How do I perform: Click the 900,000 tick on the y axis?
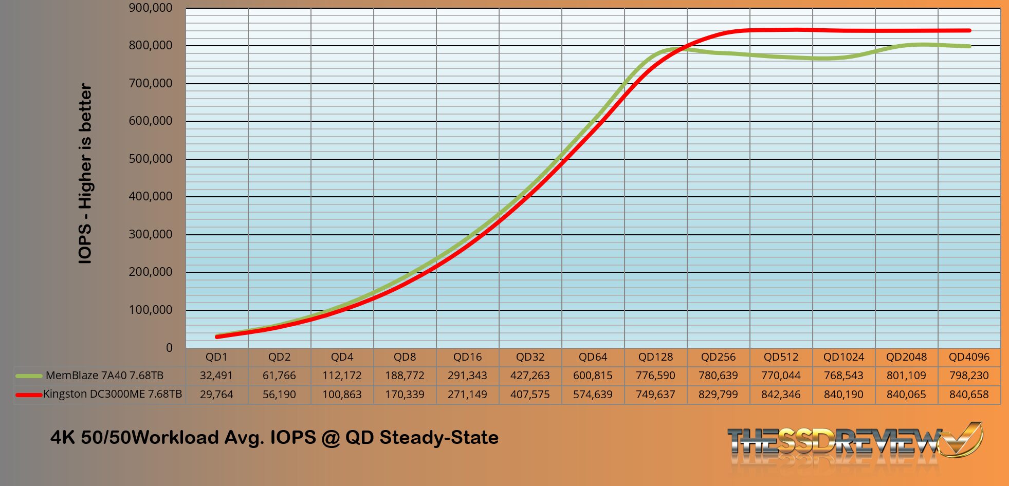[151, 8]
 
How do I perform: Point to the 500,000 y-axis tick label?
[151, 159]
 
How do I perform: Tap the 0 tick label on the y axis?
[169, 348]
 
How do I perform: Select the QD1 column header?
[216, 357]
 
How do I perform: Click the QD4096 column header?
[969, 357]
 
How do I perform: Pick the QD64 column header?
[593, 357]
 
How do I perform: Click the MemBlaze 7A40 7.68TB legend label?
[104, 376]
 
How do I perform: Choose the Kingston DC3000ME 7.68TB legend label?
[113, 395]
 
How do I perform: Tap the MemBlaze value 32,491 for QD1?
[216, 376]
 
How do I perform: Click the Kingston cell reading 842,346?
[781, 395]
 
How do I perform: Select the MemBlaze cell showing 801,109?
[906, 376]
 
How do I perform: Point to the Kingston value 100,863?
[342, 395]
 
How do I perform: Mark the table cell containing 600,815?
[593, 376]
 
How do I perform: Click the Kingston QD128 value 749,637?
[655, 395]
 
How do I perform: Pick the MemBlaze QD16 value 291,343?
[467, 376]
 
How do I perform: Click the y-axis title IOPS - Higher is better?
[85, 174]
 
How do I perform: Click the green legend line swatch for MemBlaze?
[29, 376]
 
